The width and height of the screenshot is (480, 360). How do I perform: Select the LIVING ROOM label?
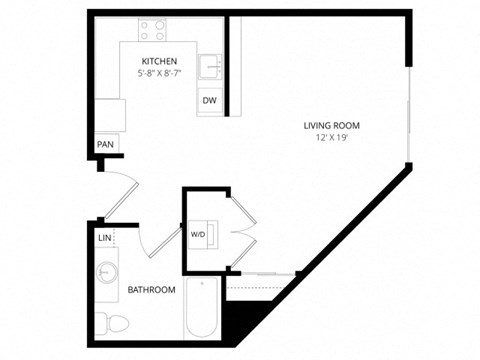click(x=332, y=125)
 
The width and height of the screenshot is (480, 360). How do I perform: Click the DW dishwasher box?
click(x=210, y=101)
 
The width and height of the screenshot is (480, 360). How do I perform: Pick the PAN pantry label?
click(x=105, y=145)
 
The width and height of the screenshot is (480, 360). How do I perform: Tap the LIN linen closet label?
click(x=105, y=238)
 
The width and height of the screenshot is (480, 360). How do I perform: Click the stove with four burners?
click(x=153, y=30)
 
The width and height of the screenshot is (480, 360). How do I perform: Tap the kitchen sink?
click(x=210, y=67)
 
